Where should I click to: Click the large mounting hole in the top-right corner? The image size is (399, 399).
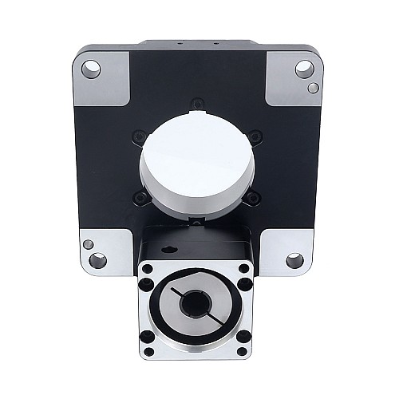(303, 69)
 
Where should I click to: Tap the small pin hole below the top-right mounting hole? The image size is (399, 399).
(314, 87)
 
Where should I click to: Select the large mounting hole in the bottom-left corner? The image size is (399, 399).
(98, 260)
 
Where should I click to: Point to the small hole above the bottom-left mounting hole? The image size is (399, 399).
(89, 244)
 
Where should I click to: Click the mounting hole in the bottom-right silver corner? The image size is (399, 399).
(294, 260)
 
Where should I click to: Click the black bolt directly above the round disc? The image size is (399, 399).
(197, 101)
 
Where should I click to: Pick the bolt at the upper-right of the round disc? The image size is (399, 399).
(253, 137)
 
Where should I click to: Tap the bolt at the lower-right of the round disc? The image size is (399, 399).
(252, 197)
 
